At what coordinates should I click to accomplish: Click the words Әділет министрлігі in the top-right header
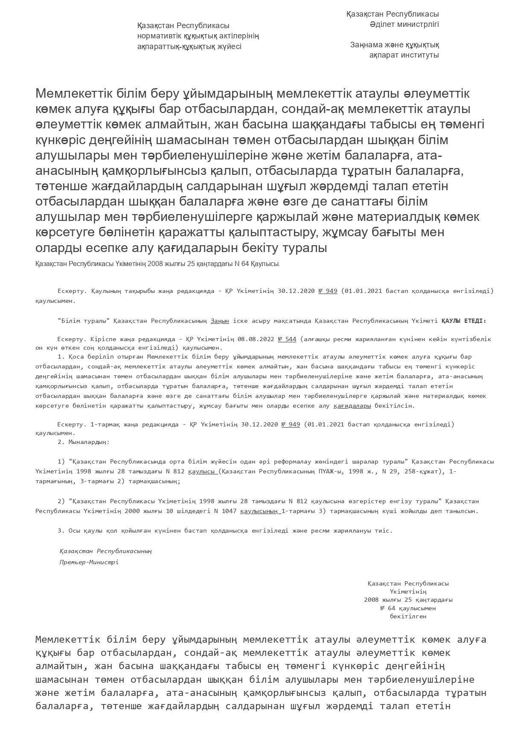pos(404,24)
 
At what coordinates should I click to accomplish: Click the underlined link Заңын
pos(220,321)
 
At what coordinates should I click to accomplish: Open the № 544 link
pos(287,339)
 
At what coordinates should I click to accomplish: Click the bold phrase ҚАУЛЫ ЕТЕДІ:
pos(464,321)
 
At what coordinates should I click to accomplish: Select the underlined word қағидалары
pos(352,406)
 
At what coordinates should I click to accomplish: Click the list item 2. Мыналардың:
pos(84,442)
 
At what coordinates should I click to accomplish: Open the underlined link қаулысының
pos(260,511)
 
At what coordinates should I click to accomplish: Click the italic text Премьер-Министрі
pos(89,562)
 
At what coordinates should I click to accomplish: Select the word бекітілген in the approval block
pos(408,616)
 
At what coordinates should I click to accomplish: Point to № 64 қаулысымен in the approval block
pos(408,608)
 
